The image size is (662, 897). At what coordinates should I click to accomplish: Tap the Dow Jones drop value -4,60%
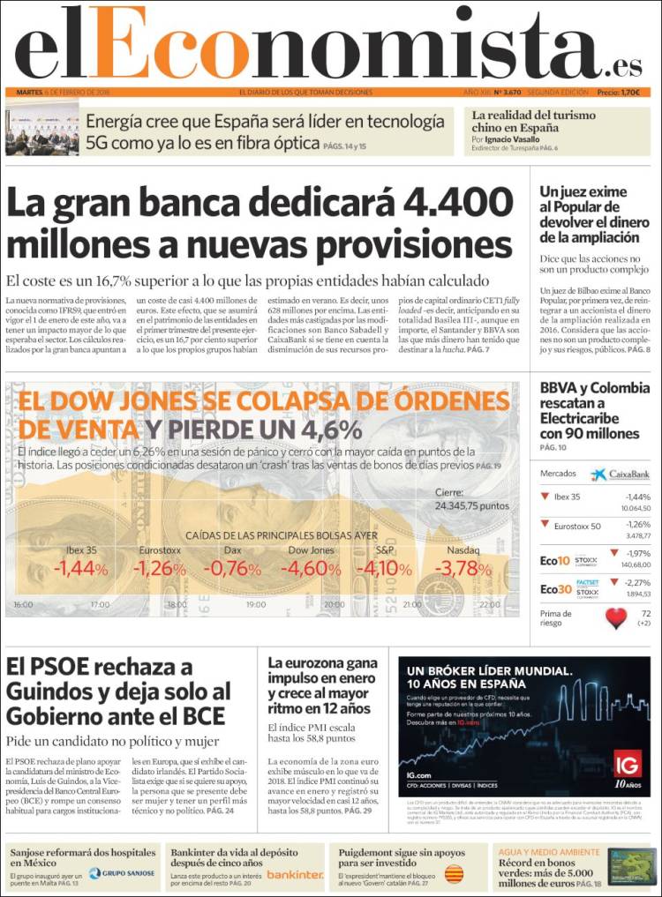[311, 569]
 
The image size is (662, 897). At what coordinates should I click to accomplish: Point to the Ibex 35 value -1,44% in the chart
[80, 569]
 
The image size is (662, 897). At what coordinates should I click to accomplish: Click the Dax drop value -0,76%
[232, 569]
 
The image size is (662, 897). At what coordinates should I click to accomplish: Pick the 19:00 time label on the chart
[255, 605]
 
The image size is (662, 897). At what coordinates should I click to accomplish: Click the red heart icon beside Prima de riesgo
[615, 617]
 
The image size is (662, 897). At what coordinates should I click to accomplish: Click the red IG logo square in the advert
[628, 764]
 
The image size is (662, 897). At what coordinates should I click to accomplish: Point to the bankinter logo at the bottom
[295, 874]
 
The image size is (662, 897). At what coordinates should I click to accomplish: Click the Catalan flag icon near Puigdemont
[455, 873]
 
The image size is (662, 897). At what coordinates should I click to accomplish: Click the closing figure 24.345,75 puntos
[472, 505]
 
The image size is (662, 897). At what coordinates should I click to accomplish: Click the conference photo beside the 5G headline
[41, 131]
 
